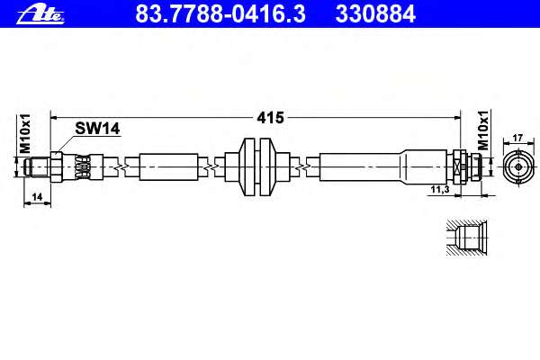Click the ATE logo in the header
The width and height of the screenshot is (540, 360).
40,14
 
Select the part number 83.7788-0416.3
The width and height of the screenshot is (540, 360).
220,14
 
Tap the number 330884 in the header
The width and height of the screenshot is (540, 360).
375,14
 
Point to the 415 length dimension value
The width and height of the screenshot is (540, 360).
270,118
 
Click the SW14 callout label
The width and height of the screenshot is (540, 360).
97,129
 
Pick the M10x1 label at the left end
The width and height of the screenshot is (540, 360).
25,133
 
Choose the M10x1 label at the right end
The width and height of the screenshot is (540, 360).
483,130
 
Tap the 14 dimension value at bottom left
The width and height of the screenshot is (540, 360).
37,197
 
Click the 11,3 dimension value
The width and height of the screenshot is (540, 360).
440,189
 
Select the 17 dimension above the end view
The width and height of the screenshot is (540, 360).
518,138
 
